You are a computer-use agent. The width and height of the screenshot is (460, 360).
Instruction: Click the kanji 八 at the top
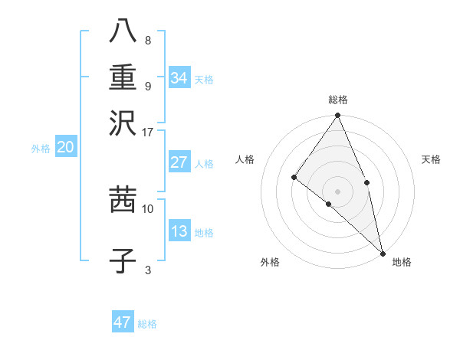pos(123,32)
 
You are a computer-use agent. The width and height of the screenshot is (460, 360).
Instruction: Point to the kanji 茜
pos(123,200)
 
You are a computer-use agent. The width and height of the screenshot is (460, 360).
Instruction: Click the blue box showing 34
pos(179,78)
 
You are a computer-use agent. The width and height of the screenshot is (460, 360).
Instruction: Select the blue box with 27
pos(179,162)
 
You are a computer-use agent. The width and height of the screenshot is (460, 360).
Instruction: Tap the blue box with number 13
pos(179,231)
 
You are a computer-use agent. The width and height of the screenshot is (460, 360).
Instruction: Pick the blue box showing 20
pos(65,148)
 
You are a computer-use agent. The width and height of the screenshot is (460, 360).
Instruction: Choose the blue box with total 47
pos(123,322)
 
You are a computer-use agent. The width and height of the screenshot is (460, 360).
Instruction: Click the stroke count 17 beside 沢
pos(148,132)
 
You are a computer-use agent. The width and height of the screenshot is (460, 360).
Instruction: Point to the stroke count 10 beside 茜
pos(148,208)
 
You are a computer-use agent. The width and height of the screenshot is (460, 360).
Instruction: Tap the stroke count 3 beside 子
pos(148,270)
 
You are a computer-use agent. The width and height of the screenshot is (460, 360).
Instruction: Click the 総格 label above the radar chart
pos(337,100)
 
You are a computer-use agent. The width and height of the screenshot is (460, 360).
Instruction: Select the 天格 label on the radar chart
pos(432,159)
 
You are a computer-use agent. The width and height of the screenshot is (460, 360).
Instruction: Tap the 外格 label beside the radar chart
pos(269,262)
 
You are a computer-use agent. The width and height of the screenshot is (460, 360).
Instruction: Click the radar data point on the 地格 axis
pos(382,252)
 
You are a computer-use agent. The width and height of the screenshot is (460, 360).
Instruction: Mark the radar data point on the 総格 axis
pos(337,116)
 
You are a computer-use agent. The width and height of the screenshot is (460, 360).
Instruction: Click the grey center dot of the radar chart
pos(337,191)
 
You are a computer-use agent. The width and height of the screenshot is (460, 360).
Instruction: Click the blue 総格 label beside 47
pos(147,324)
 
